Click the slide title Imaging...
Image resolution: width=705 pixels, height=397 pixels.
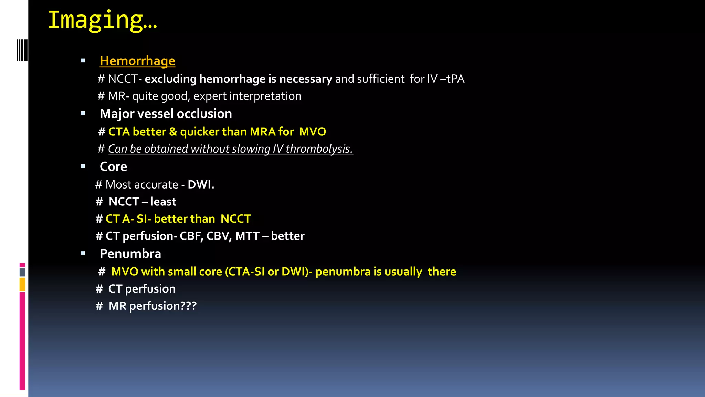102,20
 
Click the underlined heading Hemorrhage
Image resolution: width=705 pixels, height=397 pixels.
137,61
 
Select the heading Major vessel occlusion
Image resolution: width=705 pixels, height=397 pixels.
166,114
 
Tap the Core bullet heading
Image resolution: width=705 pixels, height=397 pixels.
113,167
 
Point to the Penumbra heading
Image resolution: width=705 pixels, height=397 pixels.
130,254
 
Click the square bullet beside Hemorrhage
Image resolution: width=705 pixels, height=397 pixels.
83,61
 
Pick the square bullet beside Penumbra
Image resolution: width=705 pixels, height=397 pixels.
83,254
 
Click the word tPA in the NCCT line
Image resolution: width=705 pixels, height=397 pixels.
455,79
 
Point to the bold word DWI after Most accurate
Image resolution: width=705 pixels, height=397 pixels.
201,185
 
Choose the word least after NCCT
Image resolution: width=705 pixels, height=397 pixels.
163,202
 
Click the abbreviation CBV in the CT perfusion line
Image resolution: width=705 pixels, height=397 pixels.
218,236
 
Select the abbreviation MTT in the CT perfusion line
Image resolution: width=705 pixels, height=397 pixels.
247,236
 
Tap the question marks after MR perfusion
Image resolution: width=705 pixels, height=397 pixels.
189,306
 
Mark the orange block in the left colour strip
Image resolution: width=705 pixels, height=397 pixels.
22,285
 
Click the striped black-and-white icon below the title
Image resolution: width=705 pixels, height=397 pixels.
22,50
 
